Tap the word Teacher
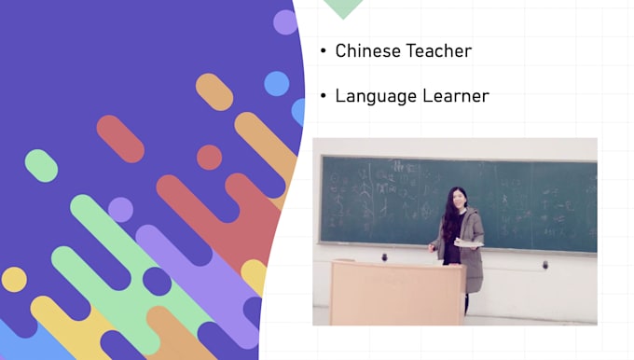438,50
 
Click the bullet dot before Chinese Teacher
324,51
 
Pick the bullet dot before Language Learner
324,96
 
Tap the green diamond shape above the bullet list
342,7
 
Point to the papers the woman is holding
471,244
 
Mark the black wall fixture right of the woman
545,265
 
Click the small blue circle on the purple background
276,84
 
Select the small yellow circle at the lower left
14,279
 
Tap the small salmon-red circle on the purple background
209,158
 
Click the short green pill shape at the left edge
41,165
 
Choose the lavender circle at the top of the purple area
285,21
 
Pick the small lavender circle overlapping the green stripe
120,210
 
